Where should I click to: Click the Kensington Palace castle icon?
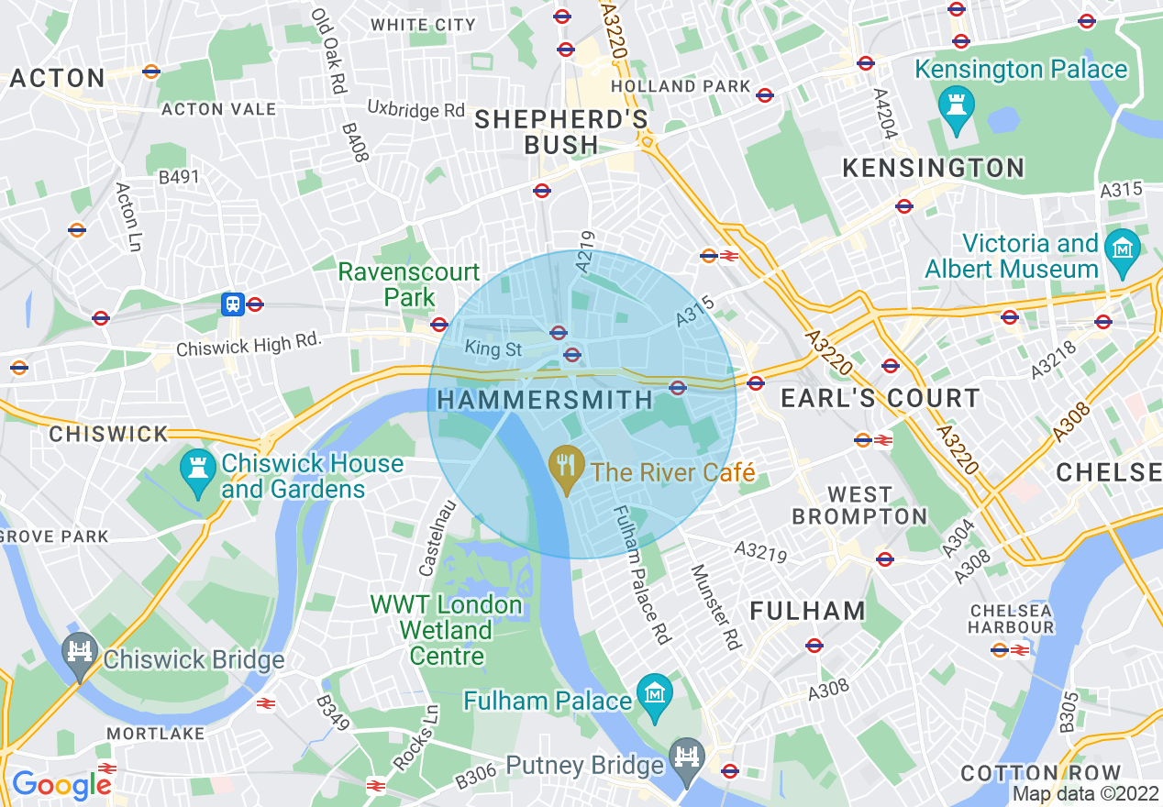click(956, 107)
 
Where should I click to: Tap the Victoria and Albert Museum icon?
click(1121, 248)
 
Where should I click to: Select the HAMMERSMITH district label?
click(545, 400)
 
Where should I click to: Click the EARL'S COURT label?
click(880, 399)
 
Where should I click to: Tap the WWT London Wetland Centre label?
click(447, 630)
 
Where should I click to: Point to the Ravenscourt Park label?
click(409, 284)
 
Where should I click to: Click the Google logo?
click(61, 785)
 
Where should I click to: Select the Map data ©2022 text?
click(1084, 793)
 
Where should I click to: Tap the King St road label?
click(493, 348)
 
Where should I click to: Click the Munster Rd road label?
click(714, 607)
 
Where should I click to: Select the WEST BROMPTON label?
click(859, 505)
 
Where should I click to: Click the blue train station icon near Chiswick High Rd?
click(232, 304)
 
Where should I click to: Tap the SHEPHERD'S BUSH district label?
click(561, 132)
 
